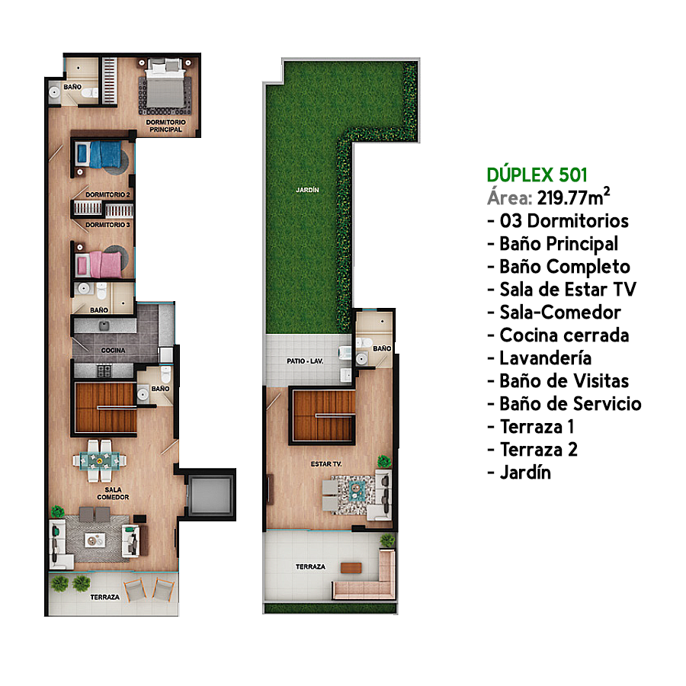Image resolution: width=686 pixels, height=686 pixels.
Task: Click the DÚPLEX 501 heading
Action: (537, 175)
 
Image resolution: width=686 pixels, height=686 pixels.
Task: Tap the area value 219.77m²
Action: (573, 197)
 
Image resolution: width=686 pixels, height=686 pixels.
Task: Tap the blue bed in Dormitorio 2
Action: (100, 155)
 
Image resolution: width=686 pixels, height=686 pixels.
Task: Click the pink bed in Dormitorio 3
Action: (100, 264)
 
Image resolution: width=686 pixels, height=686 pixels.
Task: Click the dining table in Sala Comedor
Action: (99, 460)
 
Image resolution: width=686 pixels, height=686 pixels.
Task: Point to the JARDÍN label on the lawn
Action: (307, 190)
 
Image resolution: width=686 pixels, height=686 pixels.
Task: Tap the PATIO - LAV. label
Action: (305, 361)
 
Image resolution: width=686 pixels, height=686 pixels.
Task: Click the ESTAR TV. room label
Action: (326, 463)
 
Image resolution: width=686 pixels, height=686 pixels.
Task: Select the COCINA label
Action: (113, 350)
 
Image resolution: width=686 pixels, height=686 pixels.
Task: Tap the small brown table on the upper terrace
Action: (351, 568)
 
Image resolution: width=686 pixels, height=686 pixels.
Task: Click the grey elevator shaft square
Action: (210, 495)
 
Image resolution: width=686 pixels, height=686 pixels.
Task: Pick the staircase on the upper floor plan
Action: (324, 415)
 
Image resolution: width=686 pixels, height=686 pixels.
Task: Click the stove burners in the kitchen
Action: (104, 370)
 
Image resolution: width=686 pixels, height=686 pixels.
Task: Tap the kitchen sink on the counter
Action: (104, 325)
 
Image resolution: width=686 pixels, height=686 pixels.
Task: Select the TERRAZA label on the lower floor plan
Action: (105, 597)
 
